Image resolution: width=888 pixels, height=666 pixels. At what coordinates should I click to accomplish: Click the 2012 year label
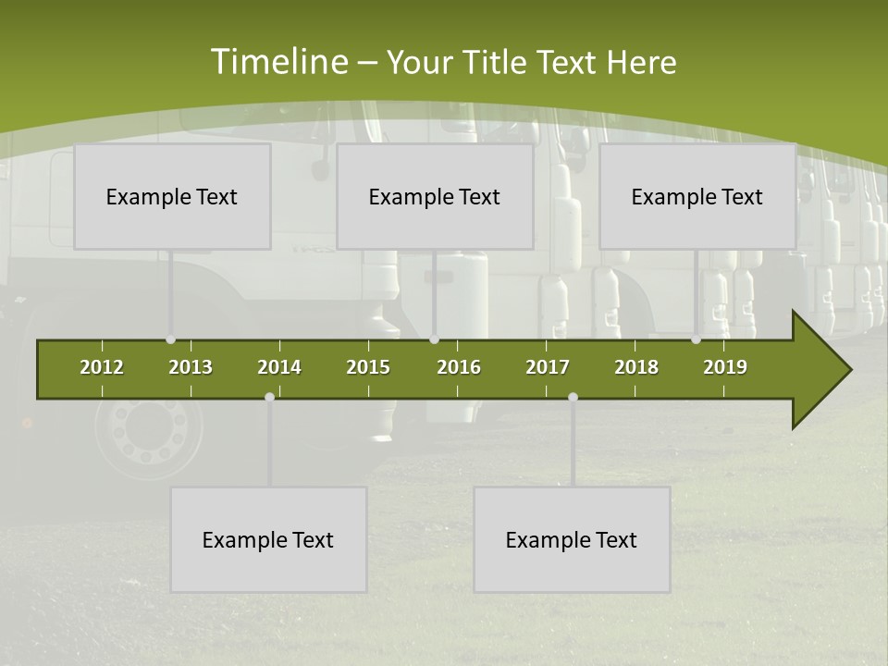102,367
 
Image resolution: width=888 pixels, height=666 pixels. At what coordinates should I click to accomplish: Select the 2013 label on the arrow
191,367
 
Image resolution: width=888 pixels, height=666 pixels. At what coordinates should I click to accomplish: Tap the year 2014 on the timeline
279,367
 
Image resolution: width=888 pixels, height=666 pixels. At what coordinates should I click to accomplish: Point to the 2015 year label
368,367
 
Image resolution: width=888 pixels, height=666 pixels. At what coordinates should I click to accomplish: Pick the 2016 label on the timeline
459,367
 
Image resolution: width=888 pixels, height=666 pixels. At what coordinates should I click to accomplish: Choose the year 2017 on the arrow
548,367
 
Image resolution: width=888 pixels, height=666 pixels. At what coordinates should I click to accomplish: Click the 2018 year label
636,367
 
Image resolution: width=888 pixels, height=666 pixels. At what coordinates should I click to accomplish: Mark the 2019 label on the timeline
725,367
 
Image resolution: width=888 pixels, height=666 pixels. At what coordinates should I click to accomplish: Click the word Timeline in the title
277,62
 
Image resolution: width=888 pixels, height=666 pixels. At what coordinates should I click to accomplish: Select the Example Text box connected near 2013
172,196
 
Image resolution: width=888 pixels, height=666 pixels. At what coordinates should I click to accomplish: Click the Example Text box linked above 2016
435,196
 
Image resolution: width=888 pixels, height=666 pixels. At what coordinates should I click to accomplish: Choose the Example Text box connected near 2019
697,196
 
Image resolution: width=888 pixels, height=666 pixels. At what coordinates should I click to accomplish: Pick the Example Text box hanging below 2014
268,539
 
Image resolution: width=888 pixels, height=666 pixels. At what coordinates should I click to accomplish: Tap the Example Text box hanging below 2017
572,539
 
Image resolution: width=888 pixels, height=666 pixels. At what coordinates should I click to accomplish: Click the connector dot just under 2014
269,397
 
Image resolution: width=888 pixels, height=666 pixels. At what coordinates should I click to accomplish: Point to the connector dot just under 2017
573,397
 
